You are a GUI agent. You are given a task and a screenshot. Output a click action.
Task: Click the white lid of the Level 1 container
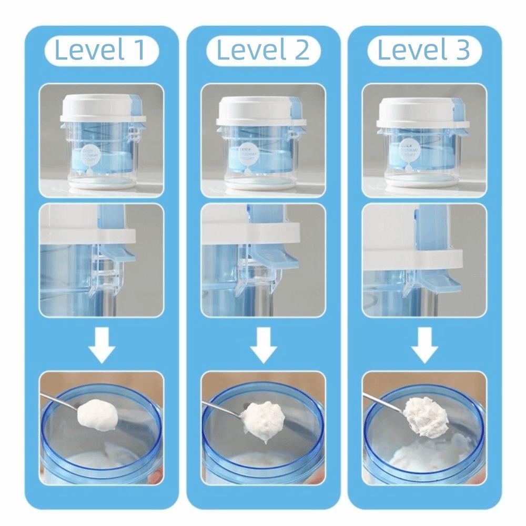(100, 109)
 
